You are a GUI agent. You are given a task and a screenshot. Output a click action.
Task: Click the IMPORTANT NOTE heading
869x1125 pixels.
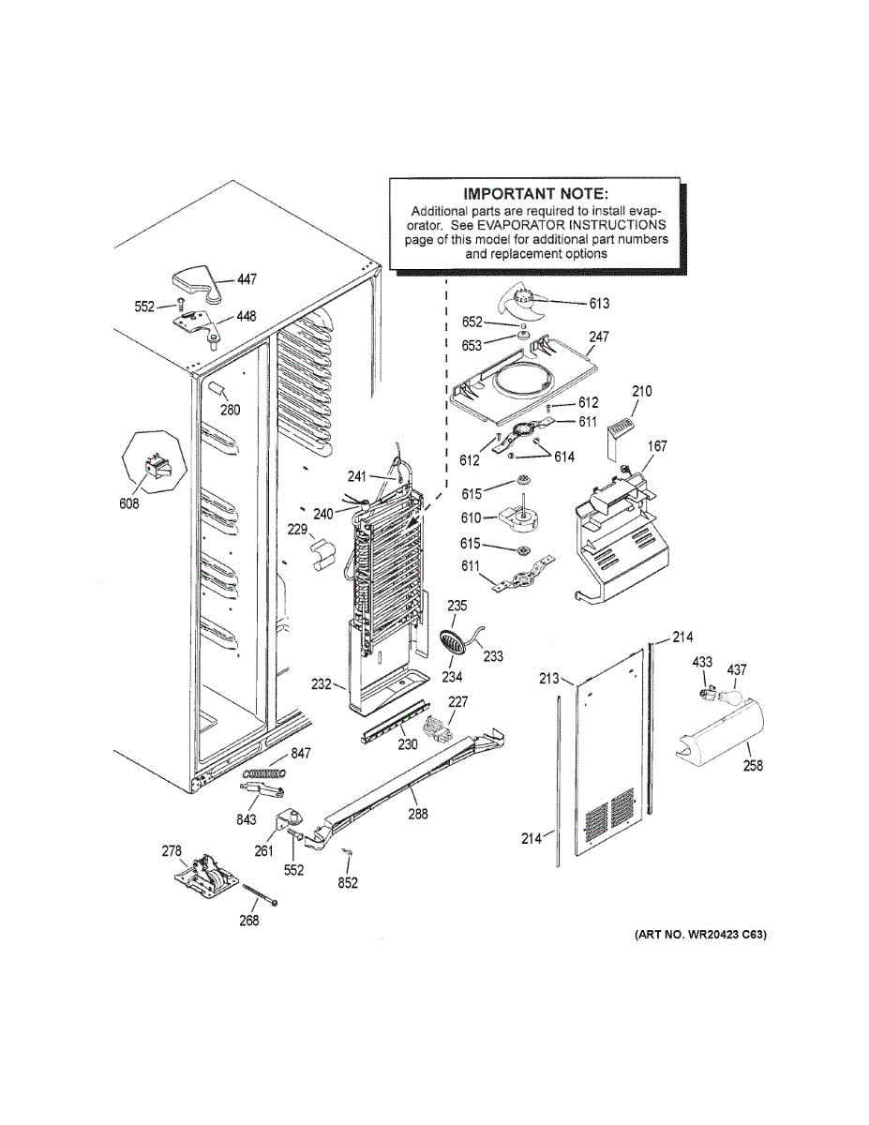point(535,194)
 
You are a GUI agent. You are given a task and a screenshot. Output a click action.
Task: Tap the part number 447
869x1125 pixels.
point(247,279)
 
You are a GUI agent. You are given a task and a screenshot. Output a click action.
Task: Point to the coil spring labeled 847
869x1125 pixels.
point(264,772)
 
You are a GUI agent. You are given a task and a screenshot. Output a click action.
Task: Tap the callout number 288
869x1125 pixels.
point(418,814)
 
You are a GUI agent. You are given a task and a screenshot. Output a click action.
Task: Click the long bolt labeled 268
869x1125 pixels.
point(261,894)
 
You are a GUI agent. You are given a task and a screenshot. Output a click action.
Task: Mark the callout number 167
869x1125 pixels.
point(657,445)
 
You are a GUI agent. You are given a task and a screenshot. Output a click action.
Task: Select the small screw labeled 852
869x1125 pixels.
point(344,851)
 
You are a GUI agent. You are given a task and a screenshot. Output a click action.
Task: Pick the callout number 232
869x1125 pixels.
point(322,683)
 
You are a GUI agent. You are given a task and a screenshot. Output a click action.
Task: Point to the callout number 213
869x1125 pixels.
point(549,678)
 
